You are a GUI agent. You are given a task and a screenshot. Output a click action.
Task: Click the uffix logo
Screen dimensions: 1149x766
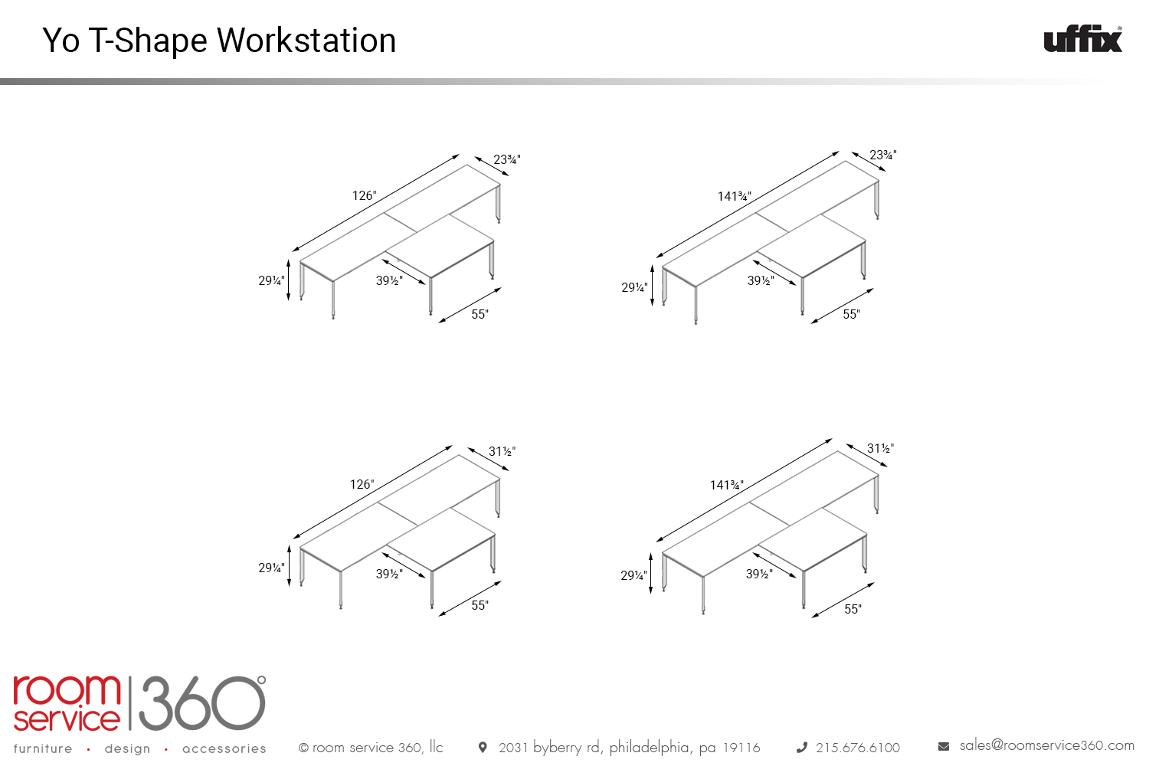point(1082,40)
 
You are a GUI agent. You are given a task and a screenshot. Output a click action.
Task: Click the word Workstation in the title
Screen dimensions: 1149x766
point(306,40)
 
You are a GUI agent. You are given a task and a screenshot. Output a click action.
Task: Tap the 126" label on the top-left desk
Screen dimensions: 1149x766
point(364,195)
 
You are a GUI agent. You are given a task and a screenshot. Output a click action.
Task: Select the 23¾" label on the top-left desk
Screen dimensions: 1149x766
point(507,159)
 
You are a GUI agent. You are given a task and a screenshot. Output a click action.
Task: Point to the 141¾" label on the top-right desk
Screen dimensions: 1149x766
point(734,196)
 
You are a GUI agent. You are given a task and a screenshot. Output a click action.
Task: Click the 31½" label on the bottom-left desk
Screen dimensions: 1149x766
point(502,451)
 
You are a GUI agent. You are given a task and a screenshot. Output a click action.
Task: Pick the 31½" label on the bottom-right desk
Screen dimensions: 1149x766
point(880,448)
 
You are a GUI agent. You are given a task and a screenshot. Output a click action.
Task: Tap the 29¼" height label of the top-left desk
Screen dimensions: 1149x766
point(271,280)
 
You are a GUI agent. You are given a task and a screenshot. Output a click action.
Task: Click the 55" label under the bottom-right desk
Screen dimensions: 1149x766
point(853,609)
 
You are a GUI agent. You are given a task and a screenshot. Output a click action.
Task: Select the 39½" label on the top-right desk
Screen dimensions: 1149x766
point(761,280)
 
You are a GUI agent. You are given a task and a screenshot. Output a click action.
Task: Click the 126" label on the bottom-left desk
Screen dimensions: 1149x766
point(362,484)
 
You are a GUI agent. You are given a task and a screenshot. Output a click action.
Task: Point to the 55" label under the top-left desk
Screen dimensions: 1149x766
point(480,314)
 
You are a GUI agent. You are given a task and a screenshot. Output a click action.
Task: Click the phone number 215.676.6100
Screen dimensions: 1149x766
point(858,748)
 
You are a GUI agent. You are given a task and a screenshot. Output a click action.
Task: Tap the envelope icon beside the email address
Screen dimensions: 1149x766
point(943,747)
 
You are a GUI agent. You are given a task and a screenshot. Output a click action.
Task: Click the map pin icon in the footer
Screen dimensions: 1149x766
point(482,747)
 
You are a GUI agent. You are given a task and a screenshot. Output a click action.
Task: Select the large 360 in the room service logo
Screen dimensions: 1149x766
point(202,703)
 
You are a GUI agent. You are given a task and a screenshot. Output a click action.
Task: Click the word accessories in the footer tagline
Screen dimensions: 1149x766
point(224,748)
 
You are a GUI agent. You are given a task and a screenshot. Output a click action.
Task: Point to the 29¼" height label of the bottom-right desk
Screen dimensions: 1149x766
point(633,576)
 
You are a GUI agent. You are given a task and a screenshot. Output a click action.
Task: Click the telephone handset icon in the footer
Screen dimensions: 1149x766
point(802,748)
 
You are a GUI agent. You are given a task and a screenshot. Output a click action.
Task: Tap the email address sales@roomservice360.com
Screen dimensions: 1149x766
point(1047,745)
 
